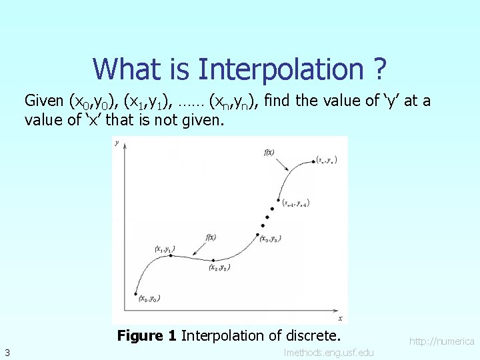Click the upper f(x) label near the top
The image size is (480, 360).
(269, 152)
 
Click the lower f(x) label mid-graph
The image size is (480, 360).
(211, 237)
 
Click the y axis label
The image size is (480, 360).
(117, 143)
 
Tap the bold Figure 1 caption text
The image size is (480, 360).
(147, 335)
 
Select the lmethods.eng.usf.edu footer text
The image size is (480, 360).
(329, 352)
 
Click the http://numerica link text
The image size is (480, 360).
(441, 341)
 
